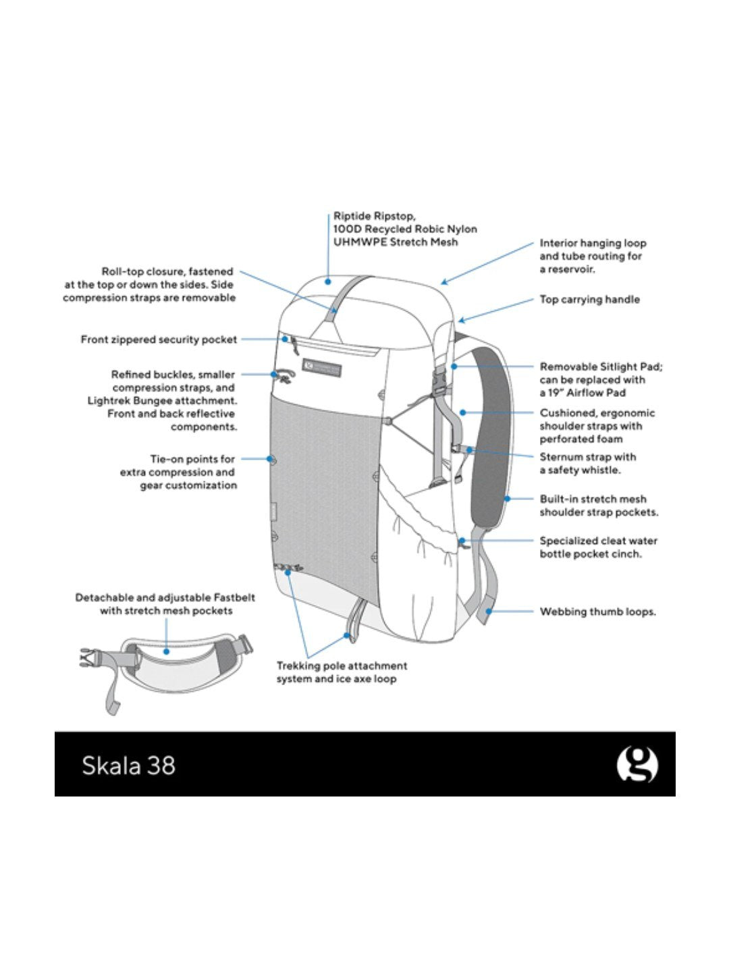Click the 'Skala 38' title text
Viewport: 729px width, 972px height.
pyautogui.click(x=128, y=765)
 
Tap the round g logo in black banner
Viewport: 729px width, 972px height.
pyautogui.click(x=637, y=764)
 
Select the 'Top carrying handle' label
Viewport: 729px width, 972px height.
pyautogui.click(x=589, y=299)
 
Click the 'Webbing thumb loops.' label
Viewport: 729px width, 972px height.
pyautogui.click(x=597, y=612)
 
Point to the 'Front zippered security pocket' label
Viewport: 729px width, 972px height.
pyautogui.click(x=159, y=340)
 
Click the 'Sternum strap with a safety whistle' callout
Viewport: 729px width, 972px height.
pyautogui.click(x=587, y=463)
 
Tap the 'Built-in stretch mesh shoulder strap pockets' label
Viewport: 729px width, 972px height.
pyautogui.click(x=598, y=506)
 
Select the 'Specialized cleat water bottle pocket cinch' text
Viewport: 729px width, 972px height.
pyautogui.click(x=597, y=547)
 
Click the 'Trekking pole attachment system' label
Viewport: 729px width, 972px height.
pyautogui.click(x=342, y=672)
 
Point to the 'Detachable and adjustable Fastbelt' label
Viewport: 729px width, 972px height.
pyautogui.click(x=165, y=604)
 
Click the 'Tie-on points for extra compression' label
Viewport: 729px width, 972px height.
pyautogui.click(x=179, y=472)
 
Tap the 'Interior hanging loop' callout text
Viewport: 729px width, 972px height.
pyautogui.click(x=592, y=256)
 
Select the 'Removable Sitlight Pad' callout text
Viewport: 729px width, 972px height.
pyautogui.click(x=600, y=379)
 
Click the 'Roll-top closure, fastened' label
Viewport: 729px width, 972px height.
pyautogui.click(x=150, y=284)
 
